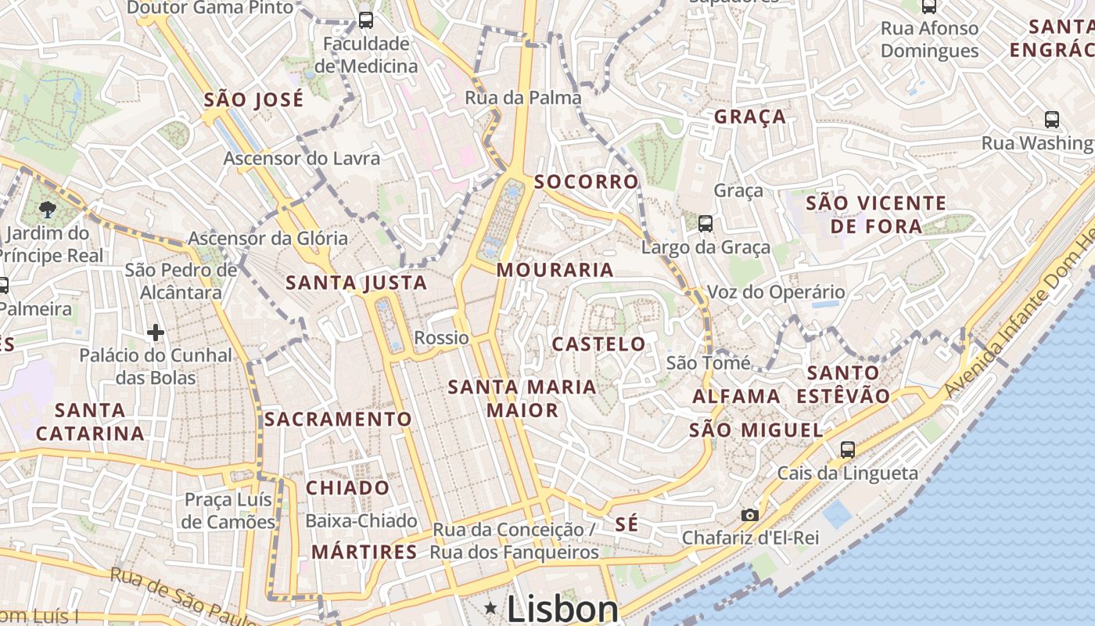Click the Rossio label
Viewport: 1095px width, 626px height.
441,338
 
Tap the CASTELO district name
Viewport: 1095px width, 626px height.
599,344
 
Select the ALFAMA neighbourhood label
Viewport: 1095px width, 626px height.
736,397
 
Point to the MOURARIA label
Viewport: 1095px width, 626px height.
555,270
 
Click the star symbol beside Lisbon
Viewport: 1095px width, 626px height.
490,608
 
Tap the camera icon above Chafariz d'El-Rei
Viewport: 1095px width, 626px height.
749,515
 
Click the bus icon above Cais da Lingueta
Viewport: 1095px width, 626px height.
847,450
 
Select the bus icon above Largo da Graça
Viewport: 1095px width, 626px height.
705,224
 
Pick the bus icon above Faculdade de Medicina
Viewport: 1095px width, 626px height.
365,20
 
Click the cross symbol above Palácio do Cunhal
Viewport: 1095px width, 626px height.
155,333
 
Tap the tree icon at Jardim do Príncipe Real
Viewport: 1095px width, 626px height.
48,209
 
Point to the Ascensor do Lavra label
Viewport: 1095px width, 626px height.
302,158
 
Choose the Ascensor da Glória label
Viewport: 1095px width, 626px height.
268,239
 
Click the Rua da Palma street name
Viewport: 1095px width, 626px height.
523,98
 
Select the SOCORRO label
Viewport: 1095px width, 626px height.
586,182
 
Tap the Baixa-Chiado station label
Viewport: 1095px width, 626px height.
361,521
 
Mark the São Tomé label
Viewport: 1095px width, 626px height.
708,363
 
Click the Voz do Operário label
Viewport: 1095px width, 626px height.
776,293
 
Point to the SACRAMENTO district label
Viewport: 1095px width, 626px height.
337,419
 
